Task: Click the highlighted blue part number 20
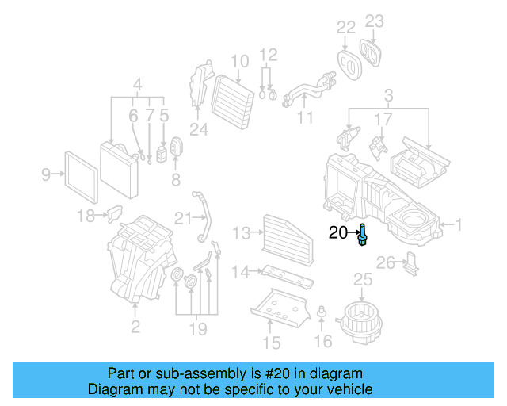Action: (363, 236)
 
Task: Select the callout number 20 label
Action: (338, 233)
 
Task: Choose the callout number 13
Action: (242, 232)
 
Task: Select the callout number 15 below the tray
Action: (272, 343)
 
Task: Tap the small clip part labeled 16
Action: (322, 311)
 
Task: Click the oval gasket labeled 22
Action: (346, 61)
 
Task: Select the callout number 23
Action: (374, 21)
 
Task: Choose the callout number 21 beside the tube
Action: (184, 218)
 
